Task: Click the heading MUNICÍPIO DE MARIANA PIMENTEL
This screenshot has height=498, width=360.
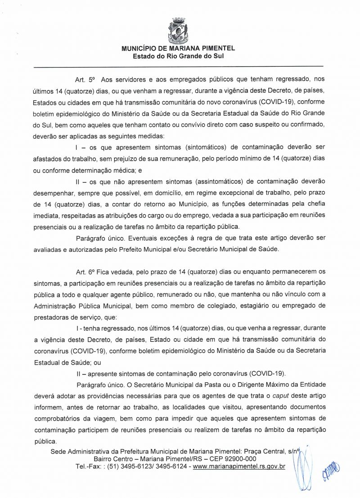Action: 179,49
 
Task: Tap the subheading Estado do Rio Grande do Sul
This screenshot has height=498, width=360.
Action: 178,56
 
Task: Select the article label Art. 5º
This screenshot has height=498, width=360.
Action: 85,80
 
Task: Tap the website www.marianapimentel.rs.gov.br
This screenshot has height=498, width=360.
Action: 239,466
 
